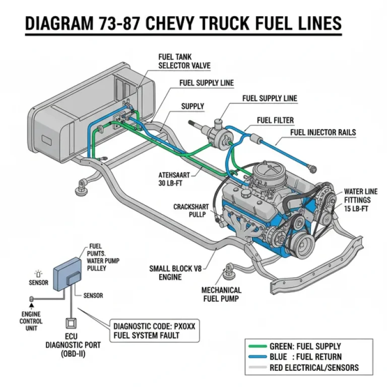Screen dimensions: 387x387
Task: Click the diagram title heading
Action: tap(183, 23)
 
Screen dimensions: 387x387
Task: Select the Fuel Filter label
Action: tap(275, 120)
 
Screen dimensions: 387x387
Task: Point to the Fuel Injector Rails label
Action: tap(323, 133)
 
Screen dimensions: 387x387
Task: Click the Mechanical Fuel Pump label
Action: tap(221, 294)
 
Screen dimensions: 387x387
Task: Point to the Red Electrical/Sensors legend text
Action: tap(314, 367)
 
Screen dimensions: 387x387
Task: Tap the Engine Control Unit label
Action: tap(31, 321)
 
